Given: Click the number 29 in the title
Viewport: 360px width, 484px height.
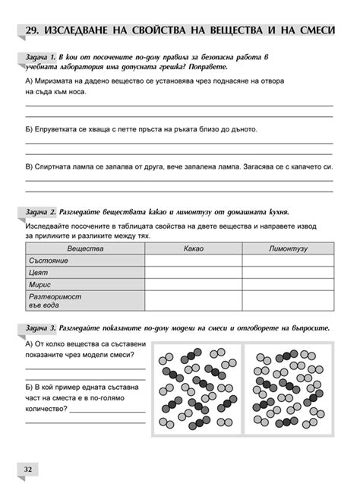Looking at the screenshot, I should click(x=32, y=30).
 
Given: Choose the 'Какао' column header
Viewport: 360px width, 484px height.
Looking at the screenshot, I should click(x=193, y=248).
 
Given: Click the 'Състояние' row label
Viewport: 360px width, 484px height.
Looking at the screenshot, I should click(x=49, y=260).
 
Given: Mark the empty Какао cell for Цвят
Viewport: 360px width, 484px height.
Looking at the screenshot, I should click(x=193, y=272).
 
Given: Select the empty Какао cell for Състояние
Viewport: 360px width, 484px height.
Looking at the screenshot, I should click(x=193, y=260).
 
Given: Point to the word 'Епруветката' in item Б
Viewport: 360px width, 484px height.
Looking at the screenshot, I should click(x=60, y=129).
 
